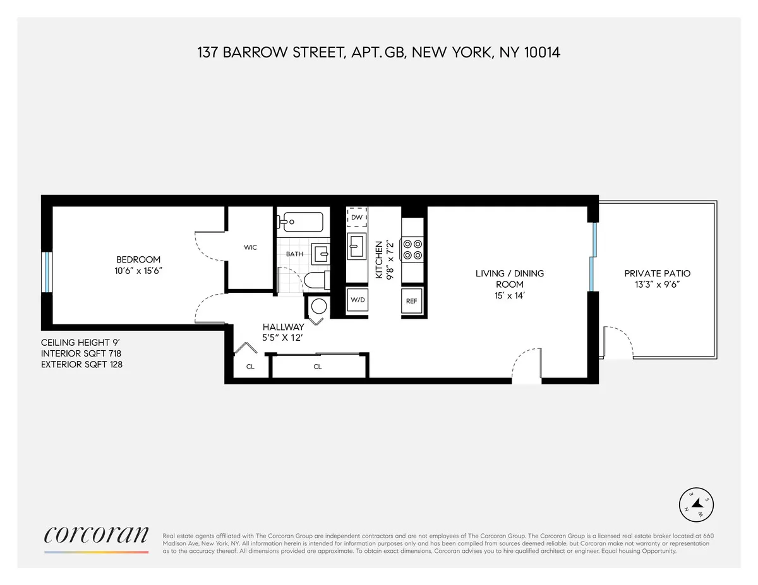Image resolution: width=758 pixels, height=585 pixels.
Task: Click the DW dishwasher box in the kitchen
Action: coord(357,217)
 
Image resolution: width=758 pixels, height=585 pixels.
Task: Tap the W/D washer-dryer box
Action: coord(358,300)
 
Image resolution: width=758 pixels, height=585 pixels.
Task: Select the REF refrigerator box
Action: coord(411,301)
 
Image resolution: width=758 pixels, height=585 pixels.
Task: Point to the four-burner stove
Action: coord(412,249)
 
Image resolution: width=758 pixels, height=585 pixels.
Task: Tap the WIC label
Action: coord(250,247)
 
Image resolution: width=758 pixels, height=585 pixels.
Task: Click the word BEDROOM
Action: coord(138,259)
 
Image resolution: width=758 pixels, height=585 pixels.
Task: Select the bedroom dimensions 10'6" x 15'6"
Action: coord(138,271)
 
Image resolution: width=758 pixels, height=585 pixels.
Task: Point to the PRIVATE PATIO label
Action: coord(657,273)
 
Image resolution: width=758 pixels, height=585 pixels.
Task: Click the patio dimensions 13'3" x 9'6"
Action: coord(657,285)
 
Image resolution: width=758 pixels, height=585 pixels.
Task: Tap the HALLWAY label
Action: coord(284,327)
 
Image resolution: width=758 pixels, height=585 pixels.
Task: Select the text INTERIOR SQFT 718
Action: coord(81,353)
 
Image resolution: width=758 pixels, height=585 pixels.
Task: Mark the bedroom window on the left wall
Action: coord(45,272)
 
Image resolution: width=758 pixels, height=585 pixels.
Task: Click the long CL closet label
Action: coord(318,366)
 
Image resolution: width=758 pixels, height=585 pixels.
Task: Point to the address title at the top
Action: coord(379,52)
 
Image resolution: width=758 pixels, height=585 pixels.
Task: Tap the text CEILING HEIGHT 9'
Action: coord(77,343)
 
